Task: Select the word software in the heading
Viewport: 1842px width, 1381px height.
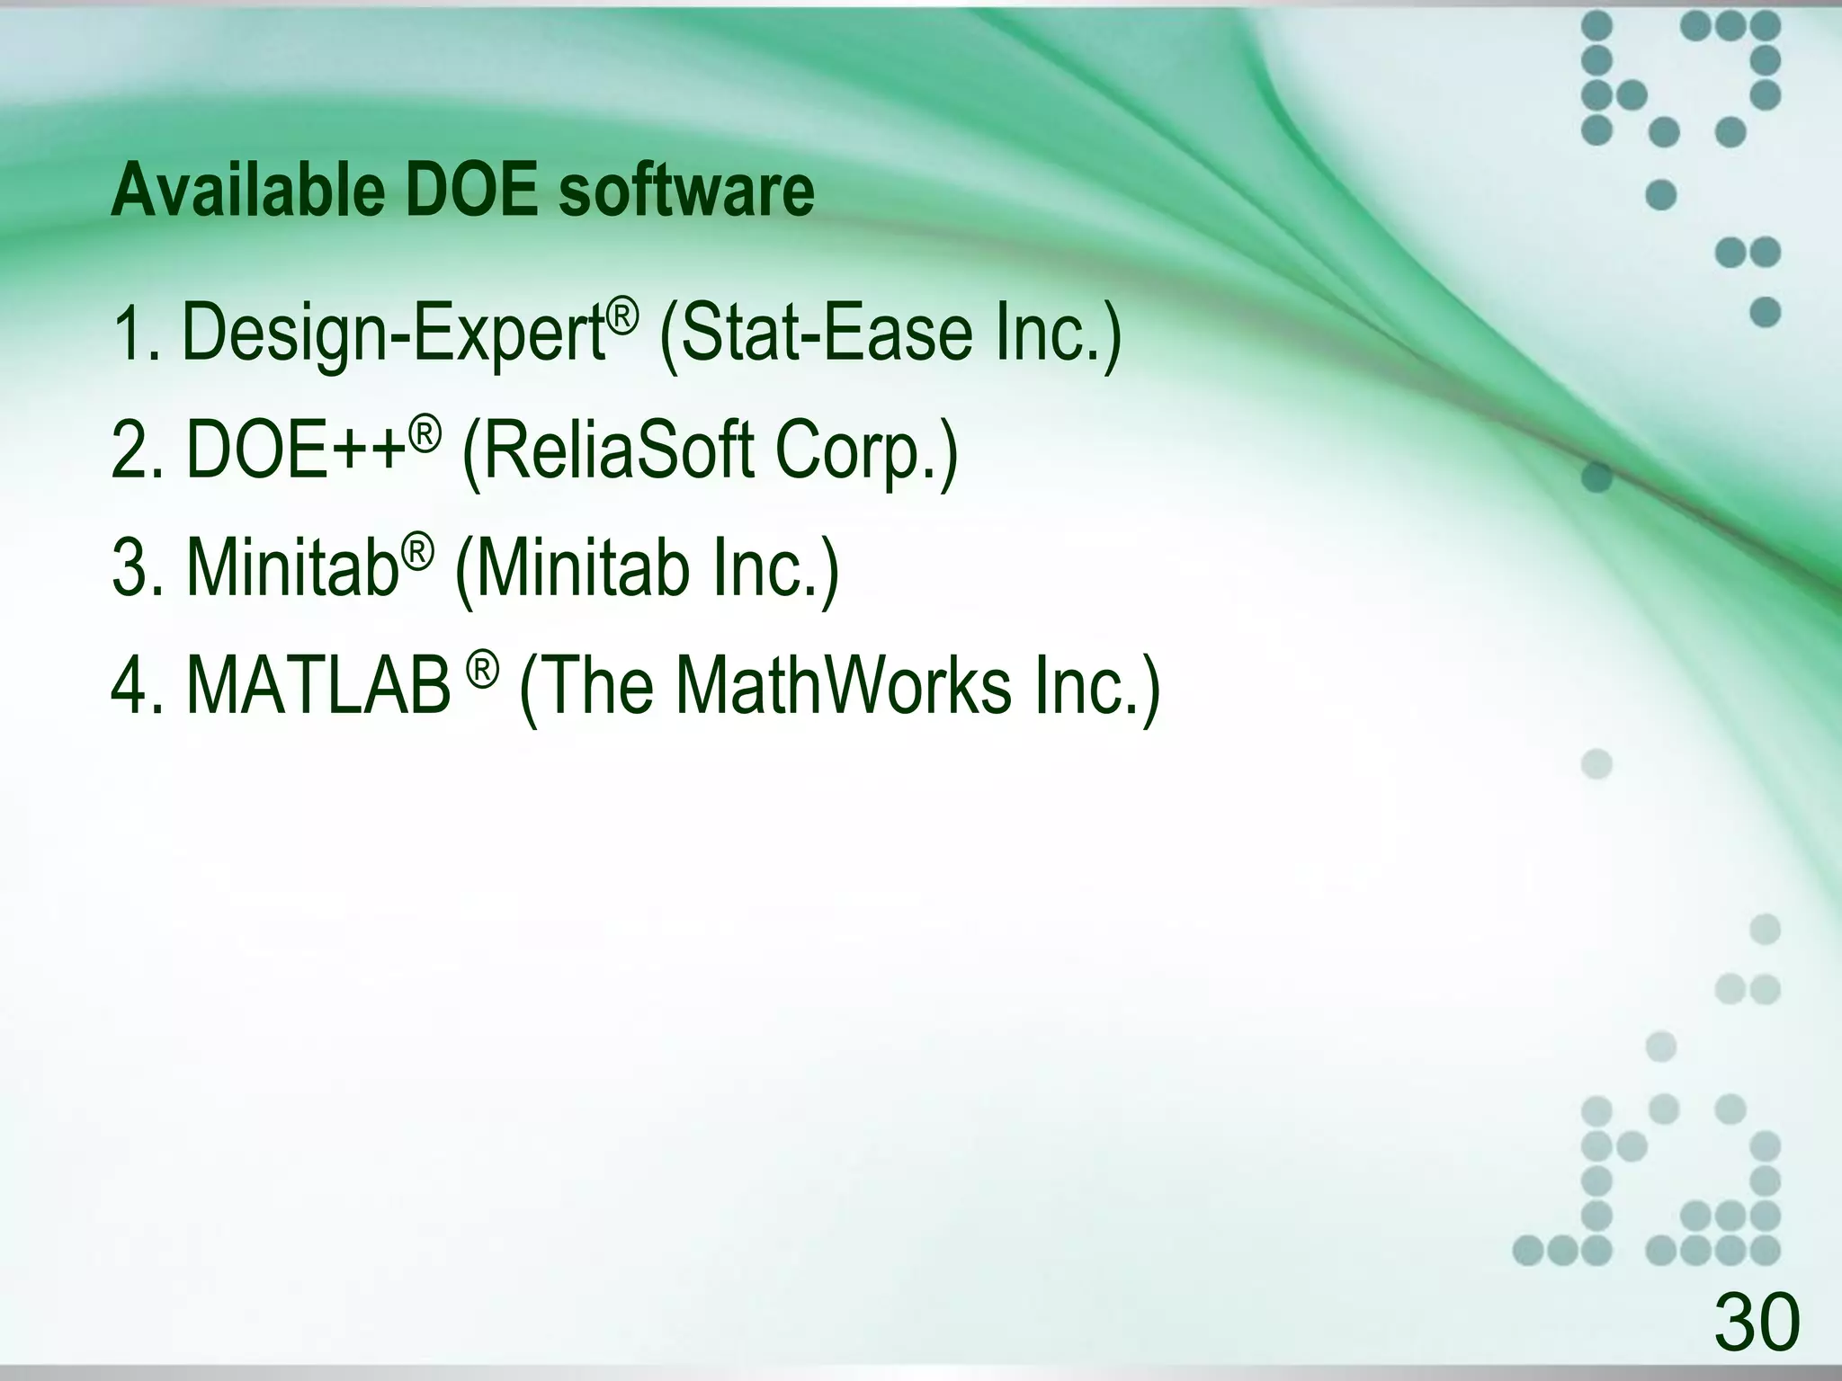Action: tap(686, 191)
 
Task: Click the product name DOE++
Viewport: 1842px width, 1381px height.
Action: tap(297, 451)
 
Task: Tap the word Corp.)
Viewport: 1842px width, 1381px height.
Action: tap(867, 451)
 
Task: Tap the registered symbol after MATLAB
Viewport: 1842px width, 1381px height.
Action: tap(482, 669)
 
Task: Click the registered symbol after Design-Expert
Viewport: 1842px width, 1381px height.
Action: tap(622, 315)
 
